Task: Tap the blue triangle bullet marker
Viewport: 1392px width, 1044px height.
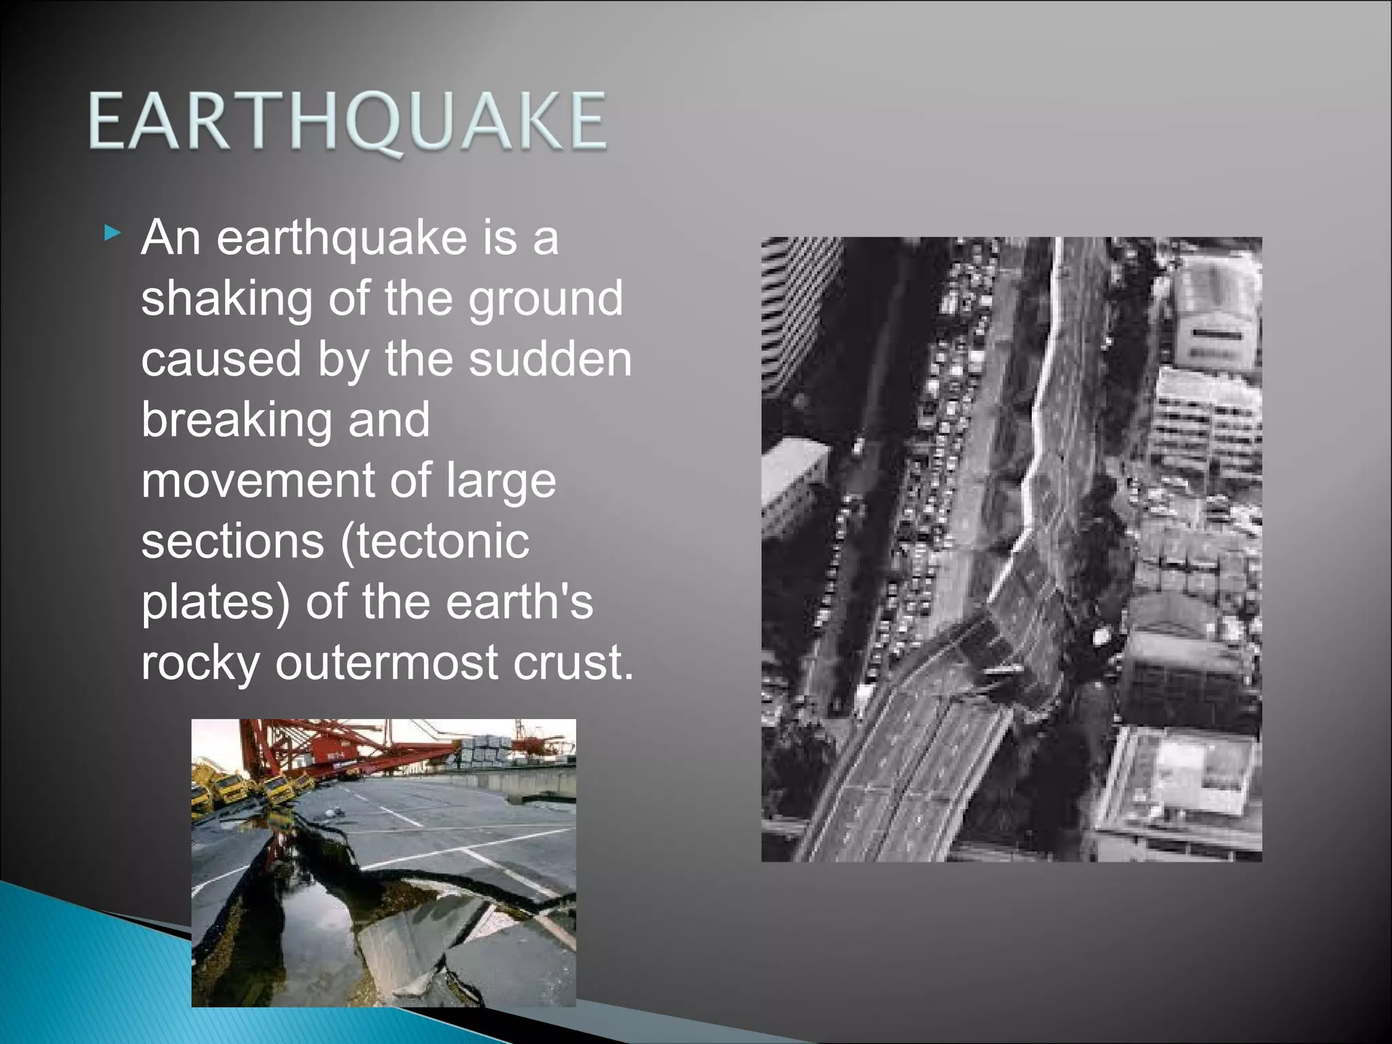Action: pos(113,235)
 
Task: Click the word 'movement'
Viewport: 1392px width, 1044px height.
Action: pos(258,480)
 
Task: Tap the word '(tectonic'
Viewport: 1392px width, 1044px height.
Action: pos(434,541)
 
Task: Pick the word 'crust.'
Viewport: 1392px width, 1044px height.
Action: pos(573,662)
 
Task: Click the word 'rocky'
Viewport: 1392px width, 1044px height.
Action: pos(200,663)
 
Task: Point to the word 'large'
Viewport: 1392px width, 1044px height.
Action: pos(501,481)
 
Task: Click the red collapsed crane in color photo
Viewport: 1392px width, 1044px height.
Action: pos(340,751)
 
